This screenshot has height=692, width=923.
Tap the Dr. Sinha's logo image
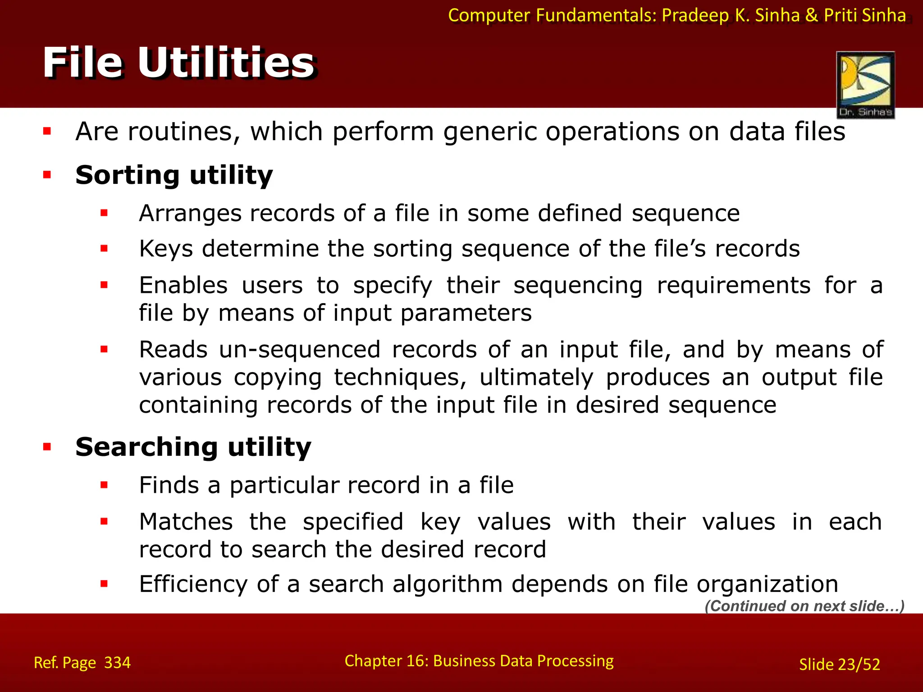[865, 85]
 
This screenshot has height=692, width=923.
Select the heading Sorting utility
[174, 175]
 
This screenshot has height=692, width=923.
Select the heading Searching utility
[193, 447]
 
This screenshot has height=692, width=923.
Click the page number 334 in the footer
[117, 663]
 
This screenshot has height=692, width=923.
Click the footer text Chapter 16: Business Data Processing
[479, 661]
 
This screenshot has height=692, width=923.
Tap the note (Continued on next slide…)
[804, 606]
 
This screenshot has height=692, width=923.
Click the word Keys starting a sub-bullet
[166, 249]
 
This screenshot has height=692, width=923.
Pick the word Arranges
[190, 213]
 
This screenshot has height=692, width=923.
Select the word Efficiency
[193, 584]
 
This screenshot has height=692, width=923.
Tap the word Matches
[186, 522]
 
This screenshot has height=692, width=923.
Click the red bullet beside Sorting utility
[47, 175]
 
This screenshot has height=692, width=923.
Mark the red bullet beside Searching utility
[47, 447]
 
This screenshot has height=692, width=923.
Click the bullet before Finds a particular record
[104, 485]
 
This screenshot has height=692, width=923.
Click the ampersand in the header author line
[811, 15]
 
